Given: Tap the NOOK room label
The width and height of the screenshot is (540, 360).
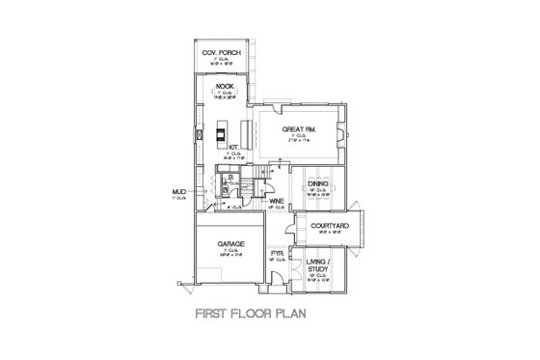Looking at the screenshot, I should tap(226, 87).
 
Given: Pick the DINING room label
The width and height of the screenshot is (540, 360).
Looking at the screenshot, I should tap(317, 182).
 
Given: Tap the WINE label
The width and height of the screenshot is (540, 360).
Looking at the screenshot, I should tap(277, 201).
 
